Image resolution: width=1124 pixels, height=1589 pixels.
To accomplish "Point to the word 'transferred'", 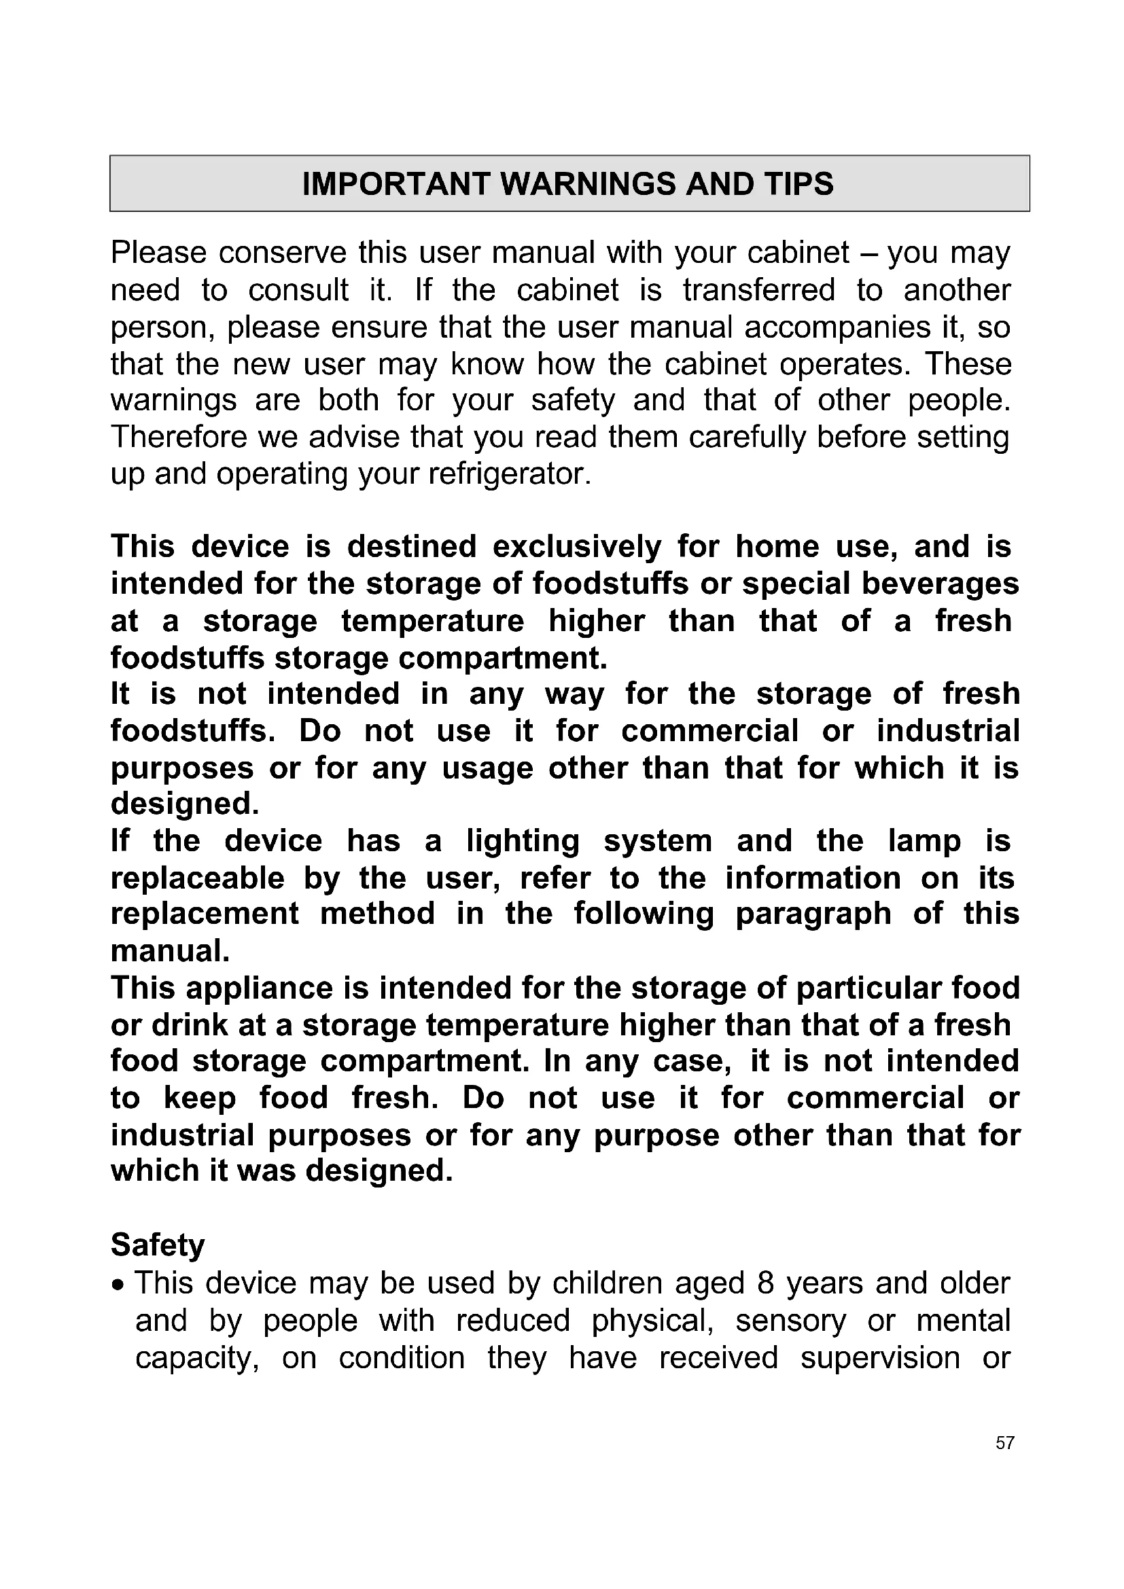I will click(758, 290).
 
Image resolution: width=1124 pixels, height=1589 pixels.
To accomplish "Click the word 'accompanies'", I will click(837, 327).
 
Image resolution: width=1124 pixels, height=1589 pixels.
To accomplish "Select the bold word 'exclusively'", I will click(577, 547).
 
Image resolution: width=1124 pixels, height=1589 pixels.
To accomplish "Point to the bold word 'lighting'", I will click(523, 841).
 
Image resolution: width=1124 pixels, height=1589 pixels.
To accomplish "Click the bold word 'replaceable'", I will click(197, 878).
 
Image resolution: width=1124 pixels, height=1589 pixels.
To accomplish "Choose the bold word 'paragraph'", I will click(813, 914).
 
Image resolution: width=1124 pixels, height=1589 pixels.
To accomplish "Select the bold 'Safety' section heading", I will click(158, 1245).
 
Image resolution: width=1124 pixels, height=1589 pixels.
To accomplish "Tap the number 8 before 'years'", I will click(765, 1283).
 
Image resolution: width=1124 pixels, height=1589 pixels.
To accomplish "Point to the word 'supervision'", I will click(880, 1358).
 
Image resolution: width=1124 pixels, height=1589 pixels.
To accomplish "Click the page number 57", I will click(1005, 1443).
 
